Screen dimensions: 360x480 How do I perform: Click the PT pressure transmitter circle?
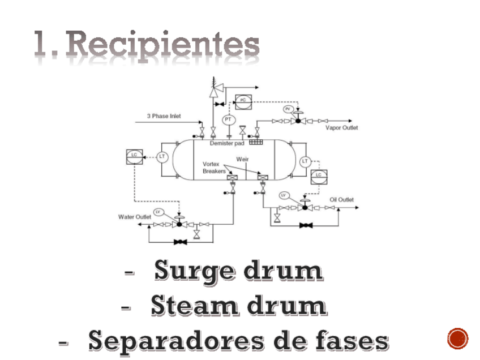(x=229, y=120)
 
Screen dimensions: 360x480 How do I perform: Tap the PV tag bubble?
(x=288, y=109)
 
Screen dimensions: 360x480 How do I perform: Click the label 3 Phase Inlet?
(x=164, y=116)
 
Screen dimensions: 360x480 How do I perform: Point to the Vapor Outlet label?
(x=341, y=128)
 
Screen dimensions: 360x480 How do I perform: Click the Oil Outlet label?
(x=341, y=200)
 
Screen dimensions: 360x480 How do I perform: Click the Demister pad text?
(x=225, y=143)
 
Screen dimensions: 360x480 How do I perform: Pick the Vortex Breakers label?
(x=214, y=168)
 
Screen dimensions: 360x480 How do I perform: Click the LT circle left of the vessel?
(x=162, y=156)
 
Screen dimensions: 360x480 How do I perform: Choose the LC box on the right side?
(x=319, y=176)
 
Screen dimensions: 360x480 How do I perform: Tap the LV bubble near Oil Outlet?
(x=285, y=195)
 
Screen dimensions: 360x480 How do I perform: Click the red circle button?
(x=457, y=338)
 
